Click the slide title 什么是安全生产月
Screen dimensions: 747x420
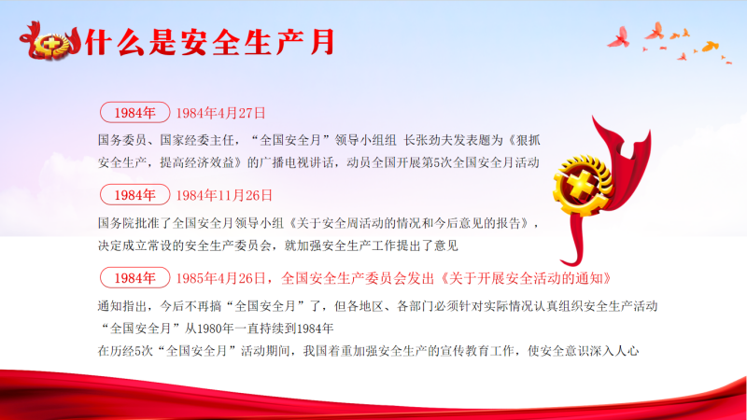tap(210, 42)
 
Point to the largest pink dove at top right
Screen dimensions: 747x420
tap(620, 37)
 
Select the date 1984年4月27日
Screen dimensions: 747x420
tap(220, 113)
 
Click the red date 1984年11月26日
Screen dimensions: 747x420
tap(224, 196)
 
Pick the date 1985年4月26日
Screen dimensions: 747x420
tap(220, 278)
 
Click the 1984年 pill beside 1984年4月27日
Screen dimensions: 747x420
tap(134, 113)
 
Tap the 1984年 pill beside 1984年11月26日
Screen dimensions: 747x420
tap(134, 195)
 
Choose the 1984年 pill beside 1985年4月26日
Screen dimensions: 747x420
tap(134, 278)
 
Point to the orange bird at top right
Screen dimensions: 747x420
tap(710, 46)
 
